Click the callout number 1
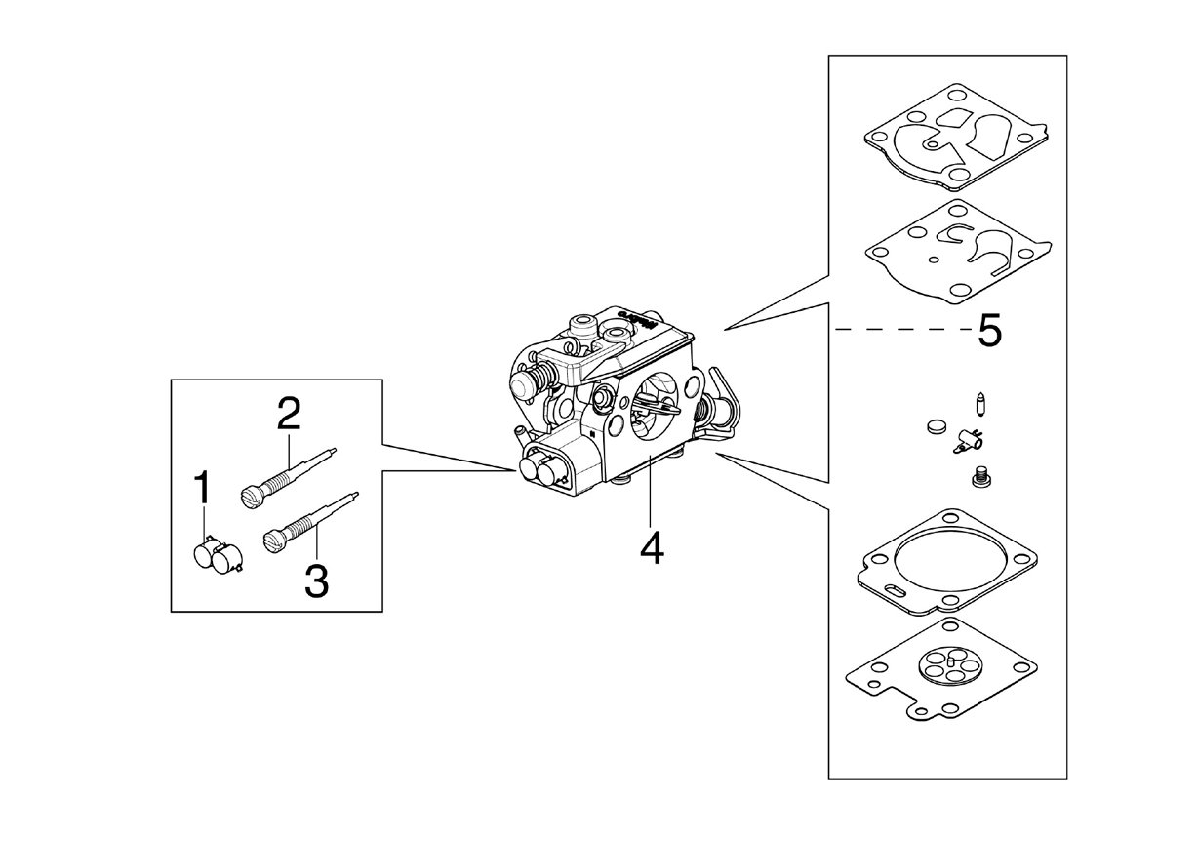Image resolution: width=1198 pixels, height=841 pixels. (202, 488)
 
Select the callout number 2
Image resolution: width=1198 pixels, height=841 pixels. (289, 414)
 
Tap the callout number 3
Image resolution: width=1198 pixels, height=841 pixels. (317, 581)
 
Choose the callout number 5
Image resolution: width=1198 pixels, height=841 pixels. (990, 331)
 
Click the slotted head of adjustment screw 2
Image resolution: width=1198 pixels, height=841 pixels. (251, 497)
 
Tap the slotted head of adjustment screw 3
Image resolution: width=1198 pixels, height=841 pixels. (273, 541)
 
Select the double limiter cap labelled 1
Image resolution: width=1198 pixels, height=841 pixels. (218, 556)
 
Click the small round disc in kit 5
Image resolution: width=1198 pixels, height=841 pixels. (937, 426)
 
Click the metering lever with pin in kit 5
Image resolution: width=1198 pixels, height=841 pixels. (968, 441)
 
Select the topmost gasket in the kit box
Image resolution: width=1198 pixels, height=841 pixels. (956, 137)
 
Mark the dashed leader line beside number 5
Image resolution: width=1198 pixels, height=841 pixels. (904, 330)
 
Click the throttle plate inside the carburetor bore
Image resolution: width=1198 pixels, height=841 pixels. (657, 405)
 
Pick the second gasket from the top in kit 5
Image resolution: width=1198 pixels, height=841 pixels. (958, 252)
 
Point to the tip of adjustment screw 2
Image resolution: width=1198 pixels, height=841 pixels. (335, 450)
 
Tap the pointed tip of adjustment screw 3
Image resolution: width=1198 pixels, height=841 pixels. (357, 494)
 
